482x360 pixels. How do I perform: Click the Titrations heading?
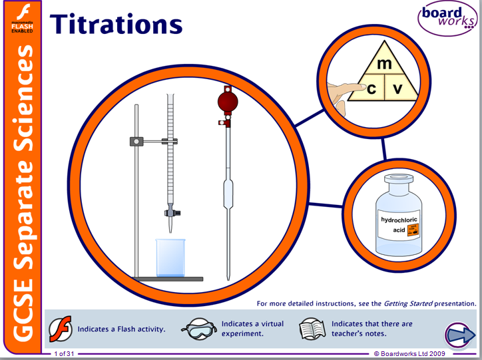coord(117,24)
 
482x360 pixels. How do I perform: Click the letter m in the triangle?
coord(383,65)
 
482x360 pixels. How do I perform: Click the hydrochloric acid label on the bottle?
coord(395,224)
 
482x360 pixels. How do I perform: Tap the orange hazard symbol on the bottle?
coord(413,230)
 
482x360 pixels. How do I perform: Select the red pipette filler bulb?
coord(228,101)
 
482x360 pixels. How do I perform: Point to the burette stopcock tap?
coord(170,213)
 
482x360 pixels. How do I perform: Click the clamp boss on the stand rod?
coord(137,141)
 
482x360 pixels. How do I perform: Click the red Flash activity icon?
coord(61,327)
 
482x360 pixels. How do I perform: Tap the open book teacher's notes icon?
coord(311,328)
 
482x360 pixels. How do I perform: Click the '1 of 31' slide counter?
coord(65,353)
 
